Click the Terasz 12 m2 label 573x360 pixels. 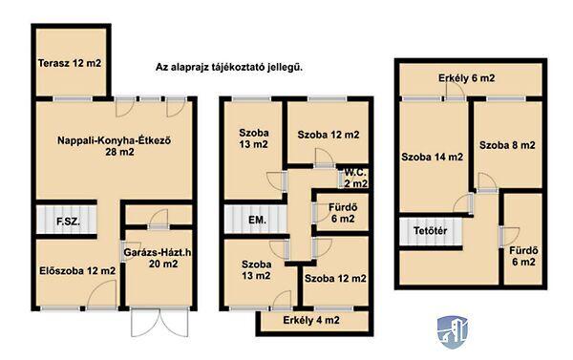[x=70, y=63]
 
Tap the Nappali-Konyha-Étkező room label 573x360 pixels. [x=114, y=146]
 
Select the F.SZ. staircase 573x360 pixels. [x=67, y=220]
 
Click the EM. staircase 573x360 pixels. [x=255, y=220]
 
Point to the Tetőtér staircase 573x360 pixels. [x=431, y=231]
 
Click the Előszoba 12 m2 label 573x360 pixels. [x=77, y=271]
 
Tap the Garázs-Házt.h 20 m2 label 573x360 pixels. [x=158, y=258]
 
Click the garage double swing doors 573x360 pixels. [x=159, y=323]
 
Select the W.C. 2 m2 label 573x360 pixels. [x=355, y=178]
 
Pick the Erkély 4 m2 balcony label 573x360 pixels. [x=311, y=321]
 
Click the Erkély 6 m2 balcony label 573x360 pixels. [x=467, y=78]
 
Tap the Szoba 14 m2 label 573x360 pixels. [x=432, y=158]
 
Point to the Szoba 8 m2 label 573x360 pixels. [x=507, y=145]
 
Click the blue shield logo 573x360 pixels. [x=453, y=332]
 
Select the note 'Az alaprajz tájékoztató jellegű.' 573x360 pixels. [x=229, y=68]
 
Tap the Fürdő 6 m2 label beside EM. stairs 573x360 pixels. [x=343, y=213]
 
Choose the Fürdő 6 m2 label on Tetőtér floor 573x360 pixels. [x=523, y=256]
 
